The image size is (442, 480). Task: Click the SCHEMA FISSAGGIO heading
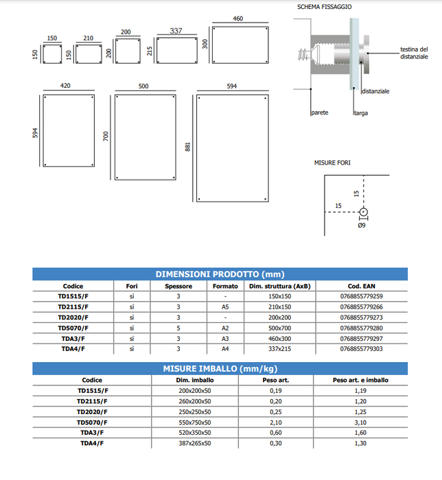pyautogui.click(x=324, y=6)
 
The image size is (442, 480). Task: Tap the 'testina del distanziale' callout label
pyautogui.click(x=414, y=52)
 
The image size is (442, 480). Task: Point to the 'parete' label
pyautogui.click(x=319, y=112)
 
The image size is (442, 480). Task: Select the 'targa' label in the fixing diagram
pyautogui.click(x=360, y=112)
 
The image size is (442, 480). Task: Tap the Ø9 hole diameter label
pyautogui.click(x=362, y=226)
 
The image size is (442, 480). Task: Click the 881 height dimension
pyautogui.click(x=187, y=147)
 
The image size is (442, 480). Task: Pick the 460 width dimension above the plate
pyautogui.click(x=238, y=19)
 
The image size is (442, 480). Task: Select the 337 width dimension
pyautogui.click(x=176, y=31)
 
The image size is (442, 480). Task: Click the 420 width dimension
pyautogui.click(x=66, y=86)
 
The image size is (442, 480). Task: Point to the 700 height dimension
pyautogui.click(x=105, y=136)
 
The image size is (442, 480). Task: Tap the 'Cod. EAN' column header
pyautogui.click(x=361, y=286)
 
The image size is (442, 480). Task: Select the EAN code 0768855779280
pyautogui.click(x=361, y=328)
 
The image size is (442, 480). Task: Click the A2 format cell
pyautogui.click(x=225, y=328)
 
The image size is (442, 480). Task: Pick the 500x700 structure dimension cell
pyautogui.click(x=279, y=328)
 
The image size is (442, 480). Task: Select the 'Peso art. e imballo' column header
pyautogui.click(x=360, y=380)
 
